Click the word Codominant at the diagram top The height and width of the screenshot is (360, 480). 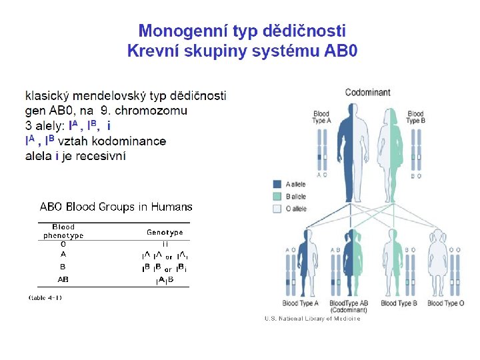click(368, 93)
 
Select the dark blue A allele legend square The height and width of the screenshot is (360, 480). click(277, 184)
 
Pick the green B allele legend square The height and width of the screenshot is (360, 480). click(277, 197)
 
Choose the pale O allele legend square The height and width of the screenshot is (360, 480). click(277, 209)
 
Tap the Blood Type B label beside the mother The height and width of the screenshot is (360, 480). click(415, 117)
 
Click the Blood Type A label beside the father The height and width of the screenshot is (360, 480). click(321, 117)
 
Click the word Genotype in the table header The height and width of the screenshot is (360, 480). click(165, 233)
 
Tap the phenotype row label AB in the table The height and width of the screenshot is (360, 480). click(63, 279)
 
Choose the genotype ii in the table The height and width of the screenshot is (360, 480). click(165, 244)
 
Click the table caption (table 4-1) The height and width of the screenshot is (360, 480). click(45, 297)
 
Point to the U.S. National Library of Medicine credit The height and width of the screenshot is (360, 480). click(312, 319)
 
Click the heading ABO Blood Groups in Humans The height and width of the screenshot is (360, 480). click(116, 207)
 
